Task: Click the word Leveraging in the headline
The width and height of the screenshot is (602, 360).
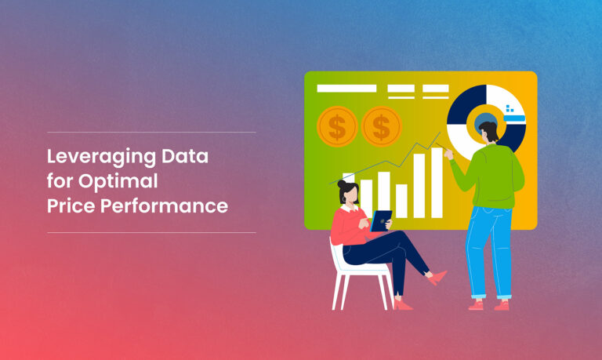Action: pyautogui.click(x=101, y=157)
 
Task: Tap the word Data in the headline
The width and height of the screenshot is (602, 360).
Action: pyautogui.click(x=185, y=156)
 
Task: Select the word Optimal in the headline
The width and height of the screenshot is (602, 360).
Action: pyautogui.click(x=118, y=182)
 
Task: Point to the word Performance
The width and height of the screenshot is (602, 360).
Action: pyautogui.click(x=164, y=205)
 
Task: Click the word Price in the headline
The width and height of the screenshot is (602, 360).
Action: pyautogui.click(x=71, y=205)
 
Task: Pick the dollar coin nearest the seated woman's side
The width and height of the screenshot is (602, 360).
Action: pyautogui.click(x=337, y=126)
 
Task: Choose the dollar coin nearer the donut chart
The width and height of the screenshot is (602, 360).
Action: pyautogui.click(x=381, y=126)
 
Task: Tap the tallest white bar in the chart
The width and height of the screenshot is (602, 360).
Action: pyautogui.click(x=437, y=183)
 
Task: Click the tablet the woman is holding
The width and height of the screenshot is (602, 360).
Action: pyautogui.click(x=381, y=221)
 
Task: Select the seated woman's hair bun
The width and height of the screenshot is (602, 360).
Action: pyautogui.click(x=341, y=184)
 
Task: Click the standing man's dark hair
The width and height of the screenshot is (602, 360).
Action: pyautogui.click(x=490, y=130)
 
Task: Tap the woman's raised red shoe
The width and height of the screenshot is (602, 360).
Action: pyautogui.click(x=437, y=278)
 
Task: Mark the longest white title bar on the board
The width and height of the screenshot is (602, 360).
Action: pyautogui.click(x=346, y=89)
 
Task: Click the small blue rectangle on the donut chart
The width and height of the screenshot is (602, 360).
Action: pyautogui.click(x=514, y=118)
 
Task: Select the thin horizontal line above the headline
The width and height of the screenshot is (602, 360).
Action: pyautogui.click(x=151, y=133)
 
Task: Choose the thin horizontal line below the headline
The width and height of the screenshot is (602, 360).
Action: pyautogui.click(x=151, y=232)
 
